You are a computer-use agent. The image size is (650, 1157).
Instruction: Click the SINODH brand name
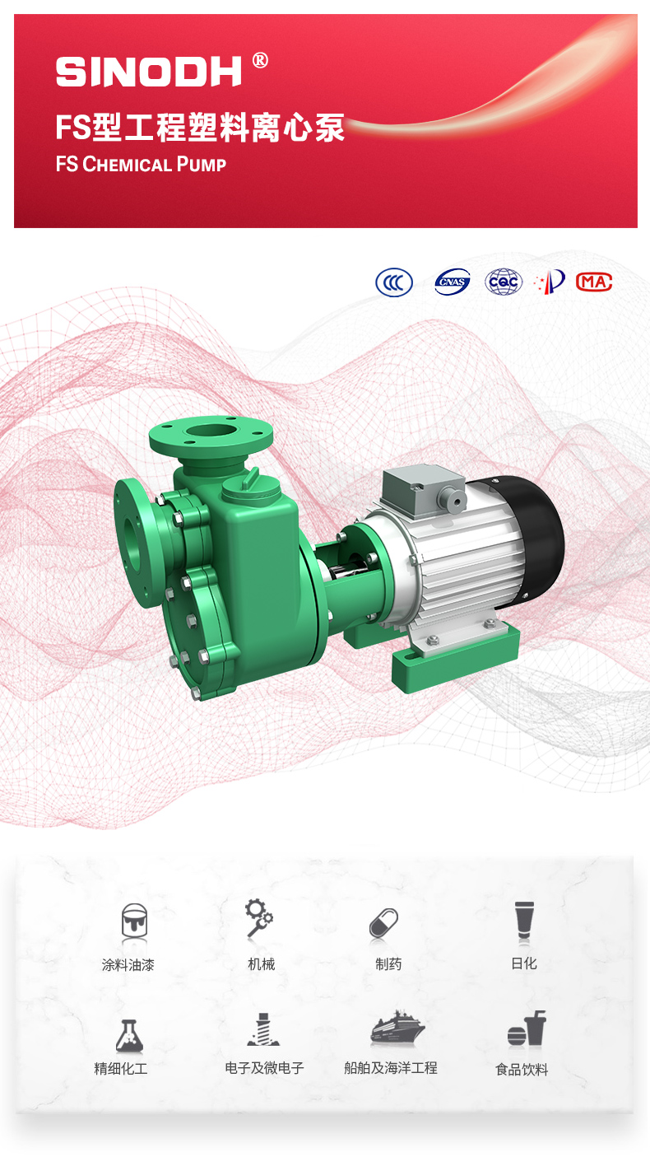point(149,72)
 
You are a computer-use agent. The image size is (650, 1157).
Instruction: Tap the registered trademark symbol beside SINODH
point(260,60)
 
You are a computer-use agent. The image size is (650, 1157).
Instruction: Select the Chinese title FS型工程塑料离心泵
point(199,128)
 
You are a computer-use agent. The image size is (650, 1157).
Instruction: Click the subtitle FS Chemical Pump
point(141,164)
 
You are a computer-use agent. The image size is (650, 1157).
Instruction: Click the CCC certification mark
point(394,282)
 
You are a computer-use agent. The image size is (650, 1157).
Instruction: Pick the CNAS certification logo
point(452,282)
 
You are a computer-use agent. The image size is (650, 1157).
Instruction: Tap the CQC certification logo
point(503,282)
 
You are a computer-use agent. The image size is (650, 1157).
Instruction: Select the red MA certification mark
point(594,282)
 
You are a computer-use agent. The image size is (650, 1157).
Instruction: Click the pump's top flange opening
point(210,432)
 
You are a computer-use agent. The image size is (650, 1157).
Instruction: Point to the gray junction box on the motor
point(427,486)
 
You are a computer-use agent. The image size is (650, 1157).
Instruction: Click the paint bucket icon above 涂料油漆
point(134,922)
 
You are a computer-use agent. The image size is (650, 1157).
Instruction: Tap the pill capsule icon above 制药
point(383,923)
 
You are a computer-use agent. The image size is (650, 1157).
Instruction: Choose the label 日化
point(523,963)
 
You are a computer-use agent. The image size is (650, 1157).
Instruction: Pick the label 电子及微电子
point(264,1068)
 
